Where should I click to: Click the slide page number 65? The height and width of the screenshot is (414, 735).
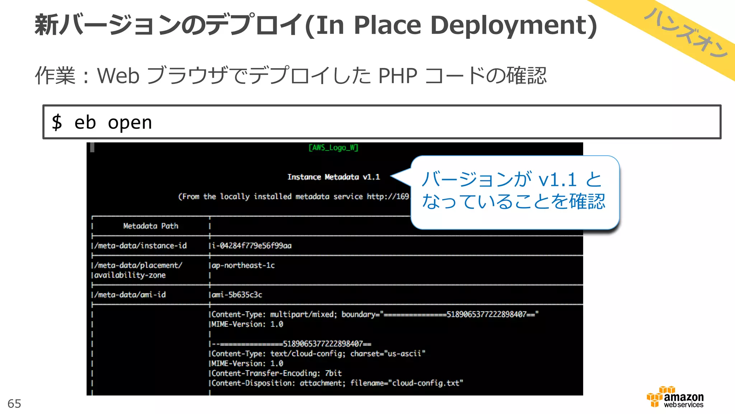coord(14,404)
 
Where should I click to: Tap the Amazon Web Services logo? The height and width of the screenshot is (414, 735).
coord(675,397)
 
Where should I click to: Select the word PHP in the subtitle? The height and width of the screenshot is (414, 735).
coord(398,76)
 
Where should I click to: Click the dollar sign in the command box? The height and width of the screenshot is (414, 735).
coord(57,122)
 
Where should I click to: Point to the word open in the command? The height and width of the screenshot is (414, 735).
coord(130,123)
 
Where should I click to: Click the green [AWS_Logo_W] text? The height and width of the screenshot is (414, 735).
coord(333,148)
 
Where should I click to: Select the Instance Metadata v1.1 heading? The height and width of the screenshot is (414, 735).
coord(333,177)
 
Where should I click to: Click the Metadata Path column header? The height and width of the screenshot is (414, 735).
coord(151,226)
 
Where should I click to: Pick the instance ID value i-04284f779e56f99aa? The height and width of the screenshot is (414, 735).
coord(252,246)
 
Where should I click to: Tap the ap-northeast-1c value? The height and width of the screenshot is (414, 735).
coord(243,266)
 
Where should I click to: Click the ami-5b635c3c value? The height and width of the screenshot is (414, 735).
coord(237,295)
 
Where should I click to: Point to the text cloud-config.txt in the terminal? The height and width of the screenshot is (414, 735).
coord(426,383)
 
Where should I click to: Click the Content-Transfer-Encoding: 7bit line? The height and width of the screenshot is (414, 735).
coord(276,373)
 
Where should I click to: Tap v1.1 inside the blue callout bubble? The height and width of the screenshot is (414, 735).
coord(558,180)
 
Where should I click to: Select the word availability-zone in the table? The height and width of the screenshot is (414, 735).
coord(130,275)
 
